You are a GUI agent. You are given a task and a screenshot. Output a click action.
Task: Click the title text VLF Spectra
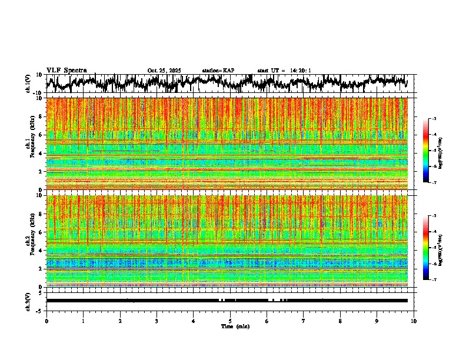(x=66, y=70)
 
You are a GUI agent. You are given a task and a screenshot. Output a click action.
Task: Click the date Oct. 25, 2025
(x=164, y=71)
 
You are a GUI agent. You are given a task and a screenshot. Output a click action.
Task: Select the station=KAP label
(x=218, y=71)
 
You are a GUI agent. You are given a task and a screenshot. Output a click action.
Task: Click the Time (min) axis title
(x=235, y=326)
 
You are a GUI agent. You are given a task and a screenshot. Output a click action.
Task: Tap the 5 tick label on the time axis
(x=230, y=321)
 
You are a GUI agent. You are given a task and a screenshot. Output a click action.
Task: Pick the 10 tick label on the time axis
(x=414, y=321)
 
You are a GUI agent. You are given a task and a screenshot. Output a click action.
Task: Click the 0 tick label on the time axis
(x=46, y=321)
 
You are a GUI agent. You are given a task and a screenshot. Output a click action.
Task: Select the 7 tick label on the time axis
(x=304, y=321)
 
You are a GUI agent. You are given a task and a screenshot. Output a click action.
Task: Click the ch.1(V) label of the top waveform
(x=28, y=84)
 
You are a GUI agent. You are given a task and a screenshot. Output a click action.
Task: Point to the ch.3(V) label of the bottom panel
(x=28, y=301)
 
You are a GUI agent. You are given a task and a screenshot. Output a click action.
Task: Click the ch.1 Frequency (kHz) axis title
(x=29, y=144)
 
